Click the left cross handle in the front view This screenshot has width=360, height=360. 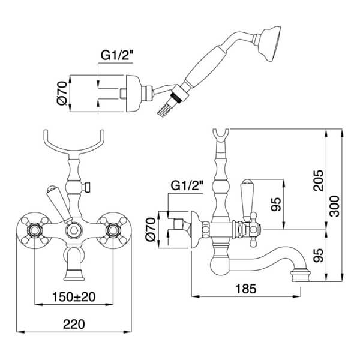click(35, 229)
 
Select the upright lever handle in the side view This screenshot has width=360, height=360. click(245, 198)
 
